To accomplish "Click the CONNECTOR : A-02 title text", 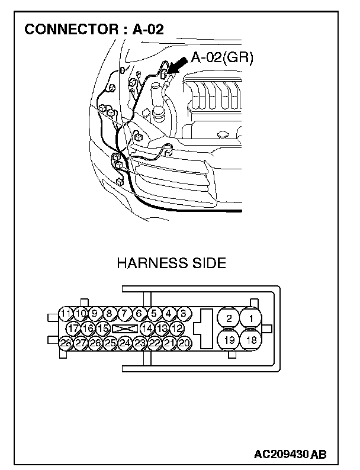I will click(x=94, y=30).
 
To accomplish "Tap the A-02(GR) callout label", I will click(x=222, y=59).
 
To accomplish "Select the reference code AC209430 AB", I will click(x=290, y=455).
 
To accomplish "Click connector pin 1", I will click(x=252, y=318).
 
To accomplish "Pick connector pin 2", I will click(x=228, y=318).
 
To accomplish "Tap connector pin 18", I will click(x=252, y=340).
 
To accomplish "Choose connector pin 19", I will click(x=228, y=340).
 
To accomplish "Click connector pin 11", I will click(x=66, y=314).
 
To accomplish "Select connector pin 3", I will click(x=184, y=314).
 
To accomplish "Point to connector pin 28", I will click(x=66, y=342).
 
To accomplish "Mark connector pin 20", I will click(x=184, y=342).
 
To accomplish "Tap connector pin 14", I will click(x=147, y=328).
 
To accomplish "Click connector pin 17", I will click(x=73, y=328).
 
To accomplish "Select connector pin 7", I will click(x=124, y=314).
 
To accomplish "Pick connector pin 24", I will click(x=124, y=342).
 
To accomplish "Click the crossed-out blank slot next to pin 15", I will click(x=125, y=328).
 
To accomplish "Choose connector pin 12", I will click(x=177, y=328).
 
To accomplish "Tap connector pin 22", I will click(x=154, y=342).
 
